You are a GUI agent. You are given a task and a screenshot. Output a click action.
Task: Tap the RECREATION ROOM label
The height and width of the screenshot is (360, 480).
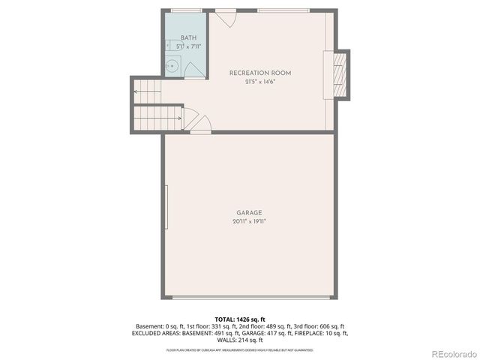(259, 73)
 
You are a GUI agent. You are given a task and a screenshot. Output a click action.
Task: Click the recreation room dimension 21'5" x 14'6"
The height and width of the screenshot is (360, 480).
(259, 82)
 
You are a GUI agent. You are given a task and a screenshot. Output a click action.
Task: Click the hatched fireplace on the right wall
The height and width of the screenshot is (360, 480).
(338, 75)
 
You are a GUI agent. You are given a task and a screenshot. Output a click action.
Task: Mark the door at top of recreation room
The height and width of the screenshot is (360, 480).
(226, 17)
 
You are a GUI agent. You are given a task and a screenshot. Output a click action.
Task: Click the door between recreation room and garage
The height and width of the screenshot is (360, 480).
(199, 131)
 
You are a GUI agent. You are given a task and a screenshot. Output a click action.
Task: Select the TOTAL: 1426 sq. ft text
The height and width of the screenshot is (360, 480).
(239, 319)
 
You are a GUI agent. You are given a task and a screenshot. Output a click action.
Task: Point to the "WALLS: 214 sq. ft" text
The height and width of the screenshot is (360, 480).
(239, 339)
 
